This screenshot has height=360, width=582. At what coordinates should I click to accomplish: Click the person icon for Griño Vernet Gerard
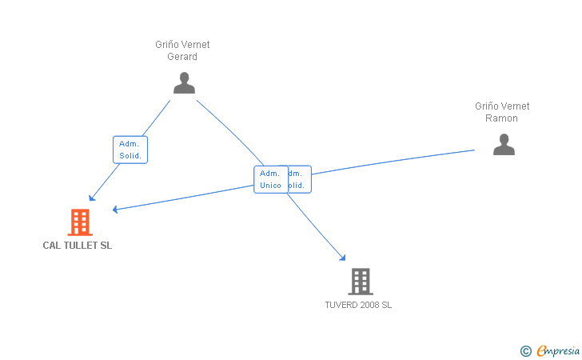click(x=184, y=83)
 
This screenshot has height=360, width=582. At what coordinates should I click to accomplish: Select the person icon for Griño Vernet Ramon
click(x=504, y=144)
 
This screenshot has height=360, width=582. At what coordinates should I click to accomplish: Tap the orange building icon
click(x=79, y=222)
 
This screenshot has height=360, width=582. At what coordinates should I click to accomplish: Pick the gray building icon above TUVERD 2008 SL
click(x=361, y=281)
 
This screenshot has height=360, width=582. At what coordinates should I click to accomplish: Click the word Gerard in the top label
click(x=182, y=57)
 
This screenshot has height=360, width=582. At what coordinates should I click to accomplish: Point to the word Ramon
click(x=502, y=118)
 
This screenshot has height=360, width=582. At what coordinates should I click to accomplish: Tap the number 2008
click(x=369, y=305)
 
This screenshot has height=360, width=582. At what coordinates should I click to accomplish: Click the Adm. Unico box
click(x=270, y=179)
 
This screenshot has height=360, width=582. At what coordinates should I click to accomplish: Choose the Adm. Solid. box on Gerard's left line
click(x=130, y=150)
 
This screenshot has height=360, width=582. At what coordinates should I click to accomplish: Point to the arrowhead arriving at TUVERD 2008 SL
click(x=343, y=258)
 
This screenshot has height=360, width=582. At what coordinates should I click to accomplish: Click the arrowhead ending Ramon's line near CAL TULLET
click(x=115, y=210)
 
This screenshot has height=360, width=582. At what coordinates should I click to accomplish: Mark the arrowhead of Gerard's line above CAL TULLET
click(x=91, y=198)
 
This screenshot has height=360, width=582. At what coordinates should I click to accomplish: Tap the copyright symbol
click(x=525, y=350)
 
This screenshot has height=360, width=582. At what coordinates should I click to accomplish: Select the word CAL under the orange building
click(x=52, y=246)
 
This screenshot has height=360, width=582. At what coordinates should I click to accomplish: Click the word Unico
click(x=270, y=186)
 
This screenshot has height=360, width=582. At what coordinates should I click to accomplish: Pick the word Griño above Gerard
click(x=167, y=45)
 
